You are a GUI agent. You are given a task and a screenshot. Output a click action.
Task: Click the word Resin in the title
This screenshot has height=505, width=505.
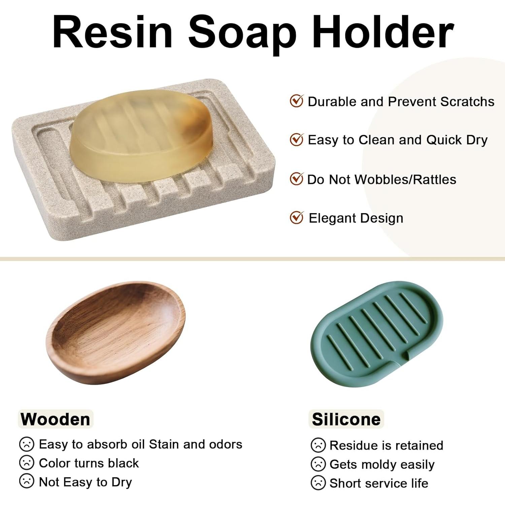(112, 32)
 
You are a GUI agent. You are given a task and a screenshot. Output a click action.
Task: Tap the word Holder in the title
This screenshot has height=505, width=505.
(383, 32)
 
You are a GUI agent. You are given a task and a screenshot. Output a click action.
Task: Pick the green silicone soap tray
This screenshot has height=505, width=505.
(377, 334)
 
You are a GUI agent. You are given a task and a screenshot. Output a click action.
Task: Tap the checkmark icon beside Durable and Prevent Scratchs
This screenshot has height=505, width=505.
(297, 101)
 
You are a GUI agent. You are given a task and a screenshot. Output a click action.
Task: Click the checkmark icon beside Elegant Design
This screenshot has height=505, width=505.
(297, 218)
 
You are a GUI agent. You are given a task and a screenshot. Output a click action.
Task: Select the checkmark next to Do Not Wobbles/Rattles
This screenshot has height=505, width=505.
(297, 179)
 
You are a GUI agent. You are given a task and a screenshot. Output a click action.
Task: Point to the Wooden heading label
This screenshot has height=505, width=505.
(56, 419)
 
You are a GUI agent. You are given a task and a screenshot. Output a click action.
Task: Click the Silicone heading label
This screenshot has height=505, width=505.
(346, 419)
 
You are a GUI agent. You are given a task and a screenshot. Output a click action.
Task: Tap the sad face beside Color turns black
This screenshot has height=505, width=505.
(27, 463)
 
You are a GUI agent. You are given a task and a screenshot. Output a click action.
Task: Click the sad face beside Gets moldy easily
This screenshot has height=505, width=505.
(318, 464)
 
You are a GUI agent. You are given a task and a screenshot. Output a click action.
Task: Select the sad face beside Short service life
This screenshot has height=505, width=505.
(318, 483)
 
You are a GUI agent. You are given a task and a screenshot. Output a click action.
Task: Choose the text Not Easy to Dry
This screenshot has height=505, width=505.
(86, 482)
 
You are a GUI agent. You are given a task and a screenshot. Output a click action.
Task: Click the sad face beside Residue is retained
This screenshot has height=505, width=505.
(318, 445)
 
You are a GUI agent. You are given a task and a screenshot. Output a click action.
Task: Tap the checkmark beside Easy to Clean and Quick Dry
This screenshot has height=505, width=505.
(297, 139)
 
